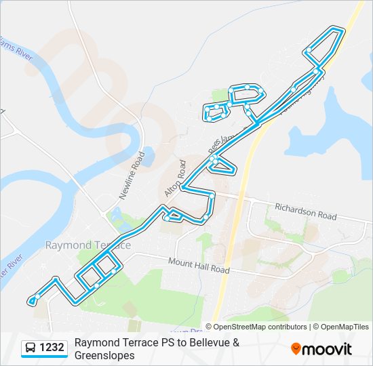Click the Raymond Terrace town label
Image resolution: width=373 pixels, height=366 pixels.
tap(87, 245)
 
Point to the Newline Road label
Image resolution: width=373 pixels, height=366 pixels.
tap(133, 174)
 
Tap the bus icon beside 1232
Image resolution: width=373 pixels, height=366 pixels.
tap(31, 348)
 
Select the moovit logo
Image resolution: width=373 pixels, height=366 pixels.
tap(321, 349)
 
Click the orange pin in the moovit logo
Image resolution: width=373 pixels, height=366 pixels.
tap(296, 349)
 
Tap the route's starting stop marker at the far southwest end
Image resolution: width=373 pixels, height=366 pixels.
tap(32, 300)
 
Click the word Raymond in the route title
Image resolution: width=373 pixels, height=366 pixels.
tap(96, 343)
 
